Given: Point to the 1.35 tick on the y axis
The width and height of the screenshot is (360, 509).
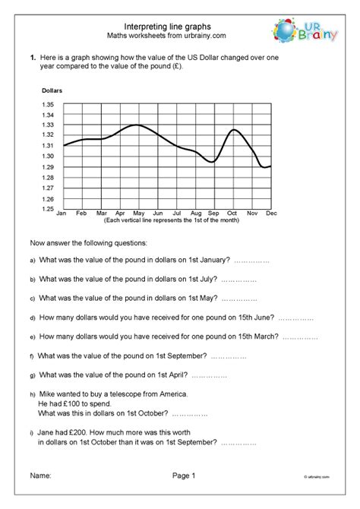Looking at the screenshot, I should click(x=48, y=104).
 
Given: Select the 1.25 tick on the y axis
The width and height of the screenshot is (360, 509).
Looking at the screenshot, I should click(x=48, y=209).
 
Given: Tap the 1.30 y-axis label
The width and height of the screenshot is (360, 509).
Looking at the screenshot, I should click(x=48, y=156).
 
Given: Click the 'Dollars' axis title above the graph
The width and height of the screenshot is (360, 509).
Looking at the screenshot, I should click(x=52, y=91).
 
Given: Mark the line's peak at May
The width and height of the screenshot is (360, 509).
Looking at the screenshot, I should click(x=137, y=125).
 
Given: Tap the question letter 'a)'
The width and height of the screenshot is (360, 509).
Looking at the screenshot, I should click(x=33, y=261).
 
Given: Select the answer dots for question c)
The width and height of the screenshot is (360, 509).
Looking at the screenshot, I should click(x=240, y=298).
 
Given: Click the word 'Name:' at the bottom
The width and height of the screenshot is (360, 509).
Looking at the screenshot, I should click(x=40, y=476).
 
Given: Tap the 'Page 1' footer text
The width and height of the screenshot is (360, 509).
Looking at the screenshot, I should click(x=183, y=476).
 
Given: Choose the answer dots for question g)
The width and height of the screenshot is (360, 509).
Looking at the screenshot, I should click(x=209, y=375).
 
